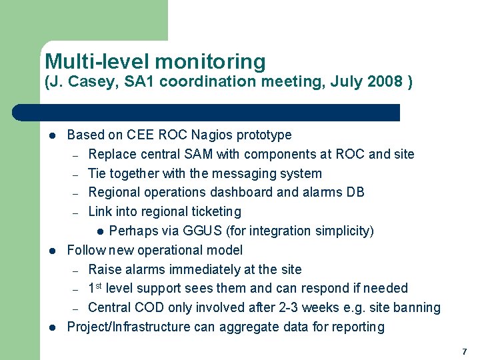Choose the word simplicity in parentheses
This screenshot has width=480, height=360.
pos(340,231)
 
